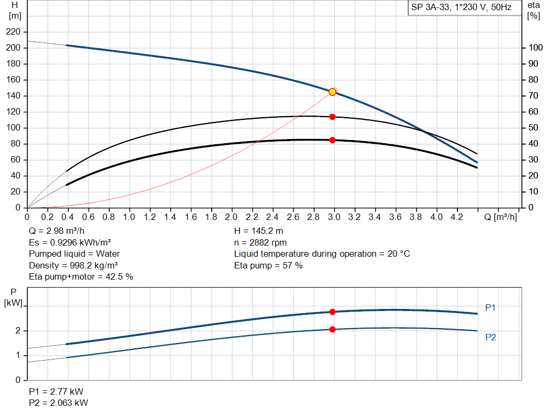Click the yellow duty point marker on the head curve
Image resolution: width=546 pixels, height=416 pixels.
[332, 92]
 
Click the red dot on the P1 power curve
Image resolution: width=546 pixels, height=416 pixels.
[332, 312]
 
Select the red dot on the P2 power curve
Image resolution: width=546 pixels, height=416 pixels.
[332, 329]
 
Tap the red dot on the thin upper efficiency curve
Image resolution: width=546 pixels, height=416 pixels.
[332, 117]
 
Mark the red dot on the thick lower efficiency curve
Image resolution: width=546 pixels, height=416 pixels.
[332, 140]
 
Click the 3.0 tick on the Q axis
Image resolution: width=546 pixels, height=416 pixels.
[334, 217]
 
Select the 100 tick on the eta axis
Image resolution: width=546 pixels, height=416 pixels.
[533, 48]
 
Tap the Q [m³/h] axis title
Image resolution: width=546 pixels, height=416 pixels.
[501, 217]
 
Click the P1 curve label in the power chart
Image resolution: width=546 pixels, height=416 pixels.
[491, 307]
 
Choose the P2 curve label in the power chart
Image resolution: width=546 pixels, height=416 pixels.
[491, 337]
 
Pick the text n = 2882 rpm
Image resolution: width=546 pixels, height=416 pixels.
[260, 242]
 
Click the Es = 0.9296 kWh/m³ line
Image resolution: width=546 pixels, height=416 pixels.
[69, 242]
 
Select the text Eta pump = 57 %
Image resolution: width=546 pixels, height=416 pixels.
[268, 265]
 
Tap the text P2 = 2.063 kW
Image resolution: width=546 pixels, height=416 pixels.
[59, 403]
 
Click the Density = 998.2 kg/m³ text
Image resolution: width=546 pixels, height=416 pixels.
[74, 265]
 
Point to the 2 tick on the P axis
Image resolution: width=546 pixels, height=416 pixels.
[18, 331]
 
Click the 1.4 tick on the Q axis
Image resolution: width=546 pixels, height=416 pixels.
[170, 217]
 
